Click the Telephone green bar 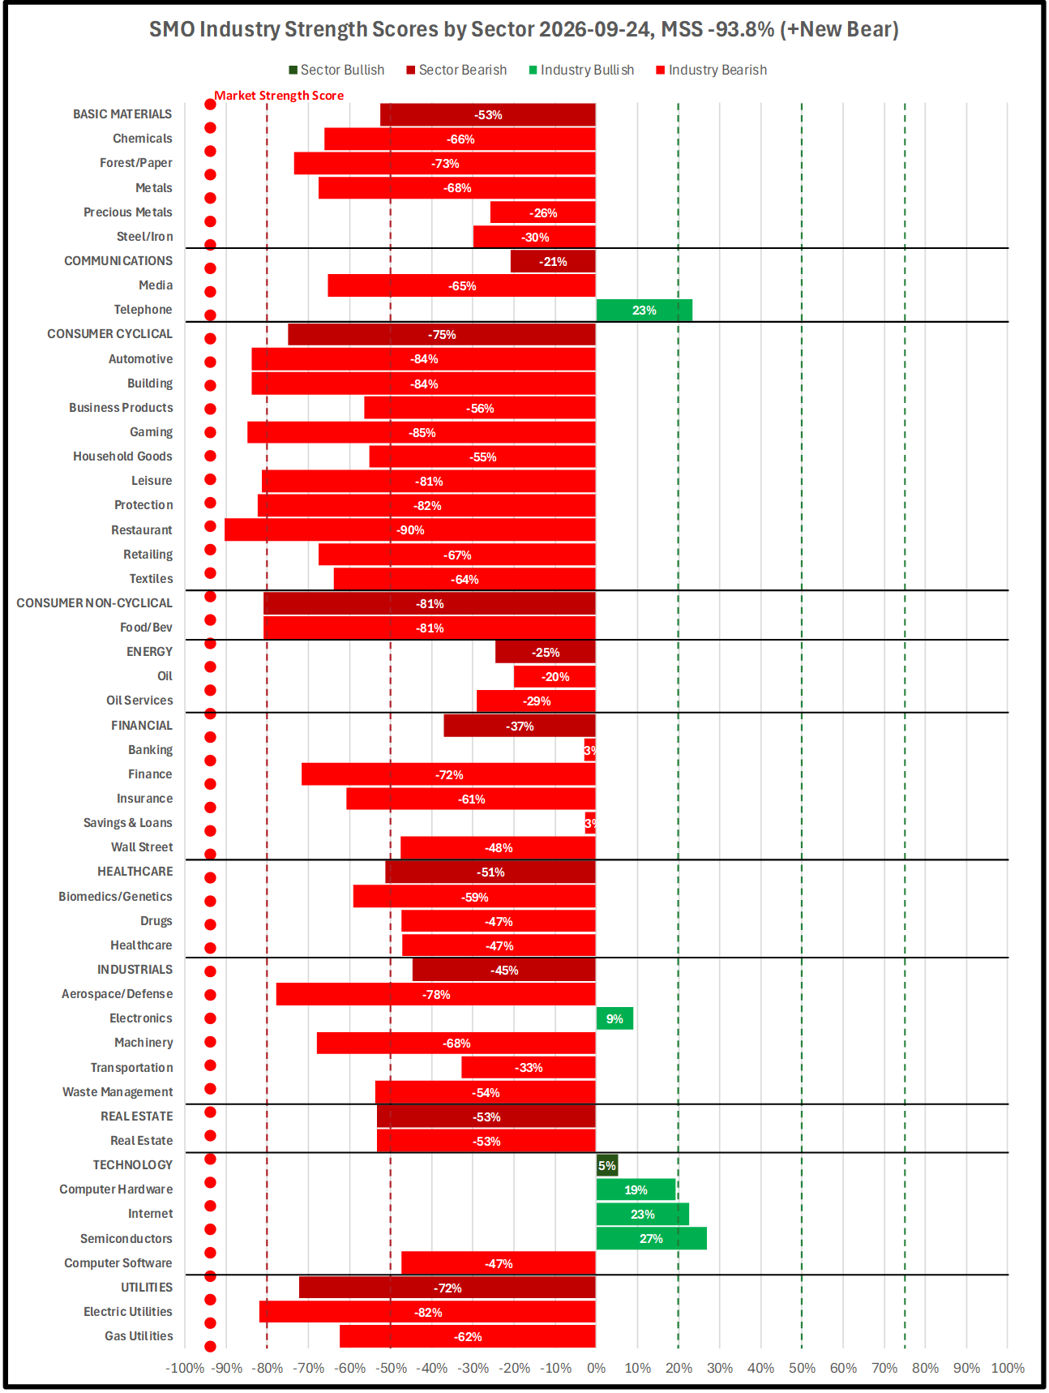tap(644, 311)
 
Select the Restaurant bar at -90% tap(410, 530)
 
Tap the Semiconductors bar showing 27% tap(652, 1239)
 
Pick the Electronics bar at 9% tap(614, 1018)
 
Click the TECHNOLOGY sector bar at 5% tap(607, 1165)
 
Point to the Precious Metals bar tap(543, 212)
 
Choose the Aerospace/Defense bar tap(436, 994)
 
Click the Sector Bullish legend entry tap(336, 70)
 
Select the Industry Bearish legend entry tap(711, 70)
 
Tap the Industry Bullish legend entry tap(581, 70)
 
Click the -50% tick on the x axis tap(391, 1368)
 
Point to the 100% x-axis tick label tap(1008, 1368)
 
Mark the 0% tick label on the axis tap(597, 1368)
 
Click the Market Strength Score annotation tap(279, 96)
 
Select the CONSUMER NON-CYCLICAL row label tap(95, 603)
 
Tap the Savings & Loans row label tap(128, 823)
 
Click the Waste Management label tap(118, 1092)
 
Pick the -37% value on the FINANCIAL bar tap(520, 727)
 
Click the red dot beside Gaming tap(210, 432)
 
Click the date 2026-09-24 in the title tap(595, 29)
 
